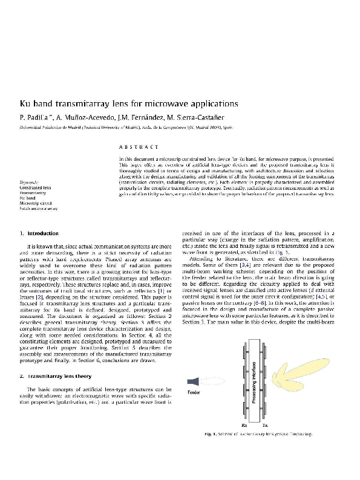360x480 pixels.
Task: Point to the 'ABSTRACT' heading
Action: click(138, 147)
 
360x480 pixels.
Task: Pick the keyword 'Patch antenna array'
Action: click(39, 209)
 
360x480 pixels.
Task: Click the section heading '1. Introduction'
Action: click(39, 233)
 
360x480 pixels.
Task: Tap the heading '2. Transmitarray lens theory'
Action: click(56, 376)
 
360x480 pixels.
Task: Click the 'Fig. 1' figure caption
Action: click(258, 434)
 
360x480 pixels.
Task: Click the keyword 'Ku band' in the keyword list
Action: click(27, 198)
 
